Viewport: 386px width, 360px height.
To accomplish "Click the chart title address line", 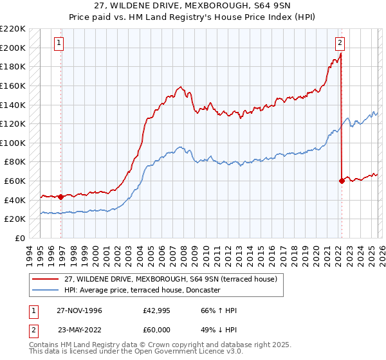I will click(192, 6).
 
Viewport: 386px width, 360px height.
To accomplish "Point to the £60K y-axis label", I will click(15, 181).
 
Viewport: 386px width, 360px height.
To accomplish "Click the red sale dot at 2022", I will click(342, 181).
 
